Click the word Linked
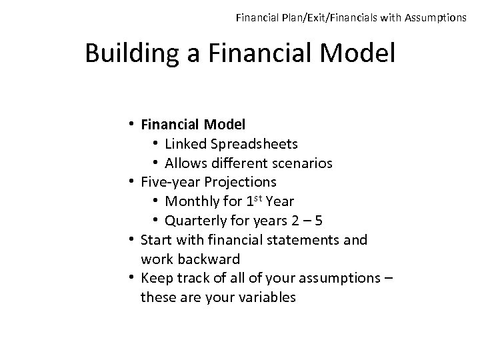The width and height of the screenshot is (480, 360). point(185,143)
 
